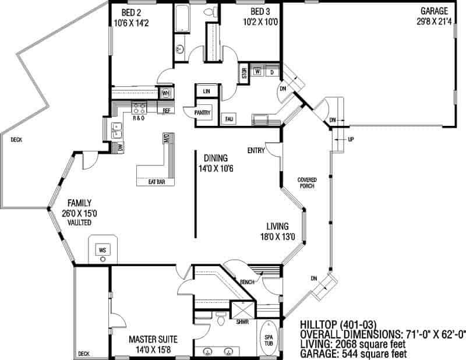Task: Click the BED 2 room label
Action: click(x=131, y=12)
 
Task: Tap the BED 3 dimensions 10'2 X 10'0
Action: click(x=260, y=22)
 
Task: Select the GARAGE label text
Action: click(x=434, y=11)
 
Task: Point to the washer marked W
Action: click(x=257, y=72)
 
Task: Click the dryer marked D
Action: click(x=272, y=72)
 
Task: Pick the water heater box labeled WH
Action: click(x=166, y=93)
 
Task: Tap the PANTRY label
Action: click(x=202, y=112)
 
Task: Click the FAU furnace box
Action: click(x=229, y=119)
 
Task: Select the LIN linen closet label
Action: click(x=207, y=91)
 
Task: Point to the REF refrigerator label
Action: click(x=167, y=111)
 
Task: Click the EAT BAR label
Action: click(x=157, y=182)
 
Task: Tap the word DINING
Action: click(x=216, y=158)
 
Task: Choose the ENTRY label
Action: click(x=256, y=151)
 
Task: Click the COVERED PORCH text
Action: click(x=307, y=183)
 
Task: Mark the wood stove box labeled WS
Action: click(x=103, y=250)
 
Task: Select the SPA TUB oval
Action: click(x=269, y=338)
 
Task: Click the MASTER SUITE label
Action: click(x=153, y=340)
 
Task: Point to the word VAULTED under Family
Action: click(x=79, y=223)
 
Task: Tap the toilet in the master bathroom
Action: click(x=221, y=319)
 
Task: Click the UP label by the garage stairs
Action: click(x=351, y=139)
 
